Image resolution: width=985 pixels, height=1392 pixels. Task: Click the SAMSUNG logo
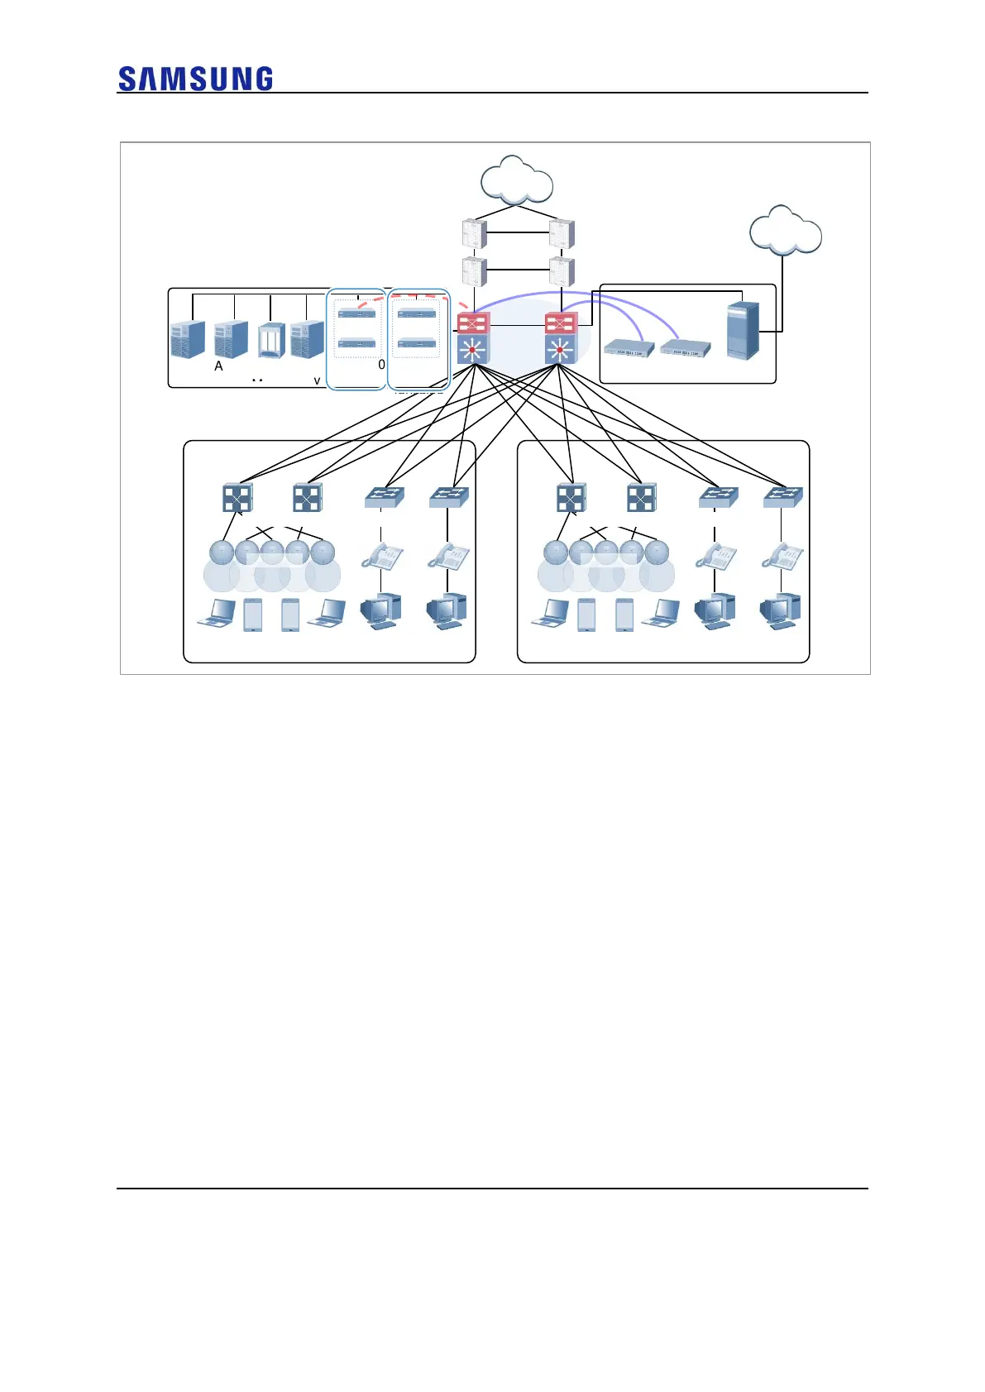pos(195,79)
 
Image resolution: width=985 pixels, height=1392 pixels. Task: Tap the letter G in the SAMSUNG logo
pos(262,79)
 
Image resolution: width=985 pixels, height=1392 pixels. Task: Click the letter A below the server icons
pos(218,366)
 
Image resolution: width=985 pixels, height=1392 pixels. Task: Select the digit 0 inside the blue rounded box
pos(381,364)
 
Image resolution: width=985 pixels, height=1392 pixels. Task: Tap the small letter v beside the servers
pos(317,380)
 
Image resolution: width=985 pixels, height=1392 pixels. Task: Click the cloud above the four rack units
pos(516,180)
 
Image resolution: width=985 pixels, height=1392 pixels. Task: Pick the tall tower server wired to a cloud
pos(742,331)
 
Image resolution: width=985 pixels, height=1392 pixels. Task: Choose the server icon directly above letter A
pos(231,339)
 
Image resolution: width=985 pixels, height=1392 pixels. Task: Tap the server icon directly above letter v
pos(307,339)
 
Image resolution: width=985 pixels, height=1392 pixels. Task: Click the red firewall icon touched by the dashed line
pos(473,323)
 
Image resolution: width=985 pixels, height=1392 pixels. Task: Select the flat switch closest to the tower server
pos(686,348)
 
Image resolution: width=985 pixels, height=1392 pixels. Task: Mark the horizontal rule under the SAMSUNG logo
pos(492,93)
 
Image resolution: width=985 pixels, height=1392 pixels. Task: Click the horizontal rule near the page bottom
pos(492,1189)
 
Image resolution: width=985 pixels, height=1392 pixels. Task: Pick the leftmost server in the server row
pos(188,339)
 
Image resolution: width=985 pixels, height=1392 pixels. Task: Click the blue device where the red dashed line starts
pos(357,313)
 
